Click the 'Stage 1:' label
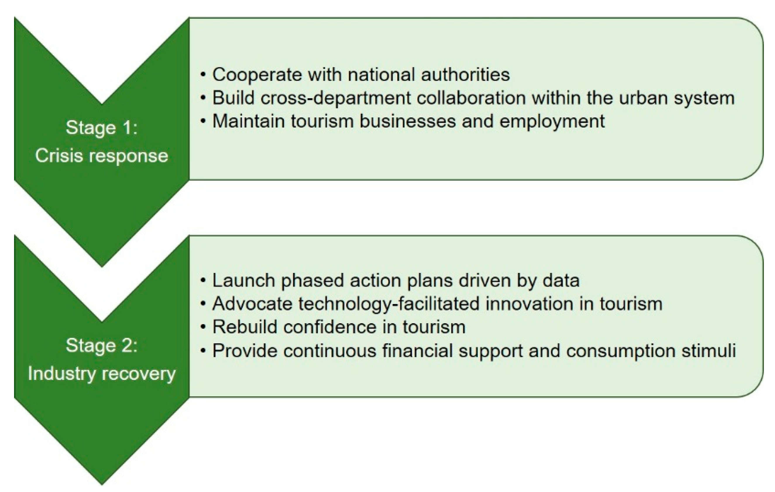[x=102, y=128]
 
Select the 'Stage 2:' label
[x=102, y=346]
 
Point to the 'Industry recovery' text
[x=102, y=374]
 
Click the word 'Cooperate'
[x=257, y=75]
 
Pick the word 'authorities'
[x=465, y=75]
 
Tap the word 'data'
[x=561, y=280]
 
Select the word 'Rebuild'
[x=245, y=327]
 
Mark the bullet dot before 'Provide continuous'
[x=203, y=351]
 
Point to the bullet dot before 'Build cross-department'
[x=203, y=98]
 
